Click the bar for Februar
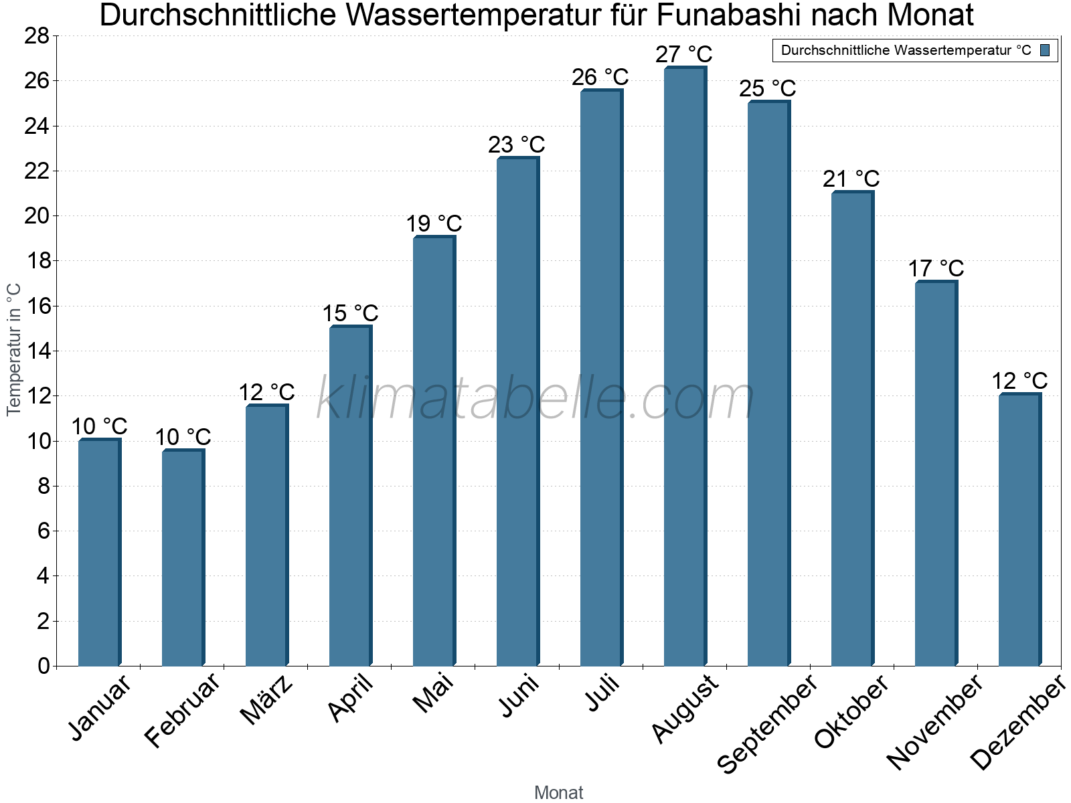click(x=183, y=558)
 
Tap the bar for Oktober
click(x=852, y=429)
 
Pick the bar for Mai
click(x=434, y=451)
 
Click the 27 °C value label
click(x=683, y=54)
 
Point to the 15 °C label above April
click(x=350, y=313)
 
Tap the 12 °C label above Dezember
click(x=1019, y=381)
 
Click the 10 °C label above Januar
click(x=99, y=426)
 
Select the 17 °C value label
click(x=936, y=269)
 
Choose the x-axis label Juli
click(x=602, y=693)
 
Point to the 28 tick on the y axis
click(x=37, y=36)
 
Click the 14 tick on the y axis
click(x=37, y=351)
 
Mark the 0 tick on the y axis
click(x=44, y=666)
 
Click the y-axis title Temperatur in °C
click(x=14, y=349)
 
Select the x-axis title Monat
click(x=558, y=793)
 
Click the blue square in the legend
click(x=1045, y=50)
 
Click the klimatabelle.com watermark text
click(x=535, y=399)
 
